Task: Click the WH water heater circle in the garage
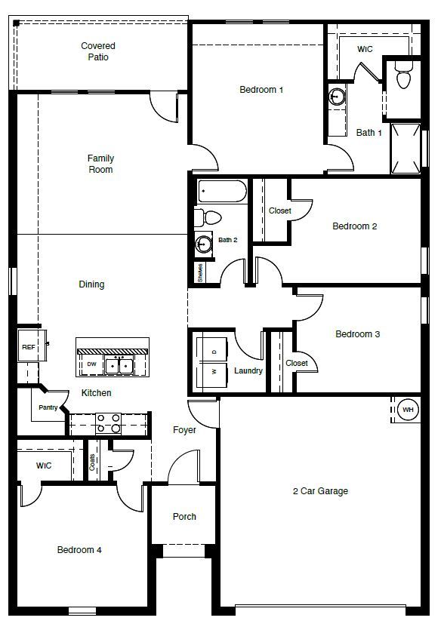tap(409, 410)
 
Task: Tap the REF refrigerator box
tap(28, 347)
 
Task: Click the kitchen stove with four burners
tap(107, 423)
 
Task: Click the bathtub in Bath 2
tap(222, 192)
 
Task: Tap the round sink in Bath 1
tap(337, 97)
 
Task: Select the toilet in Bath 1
tap(402, 78)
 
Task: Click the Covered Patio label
tap(98, 51)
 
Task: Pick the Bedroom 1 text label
tap(261, 90)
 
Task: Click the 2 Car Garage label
tap(320, 491)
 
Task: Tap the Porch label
tap(184, 517)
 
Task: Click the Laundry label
tap(248, 371)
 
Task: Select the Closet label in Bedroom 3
tap(297, 363)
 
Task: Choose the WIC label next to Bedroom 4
tap(44, 466)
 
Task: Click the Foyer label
tap(184, 430)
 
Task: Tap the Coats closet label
tap(93, 463)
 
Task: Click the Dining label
tap(91, 284)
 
